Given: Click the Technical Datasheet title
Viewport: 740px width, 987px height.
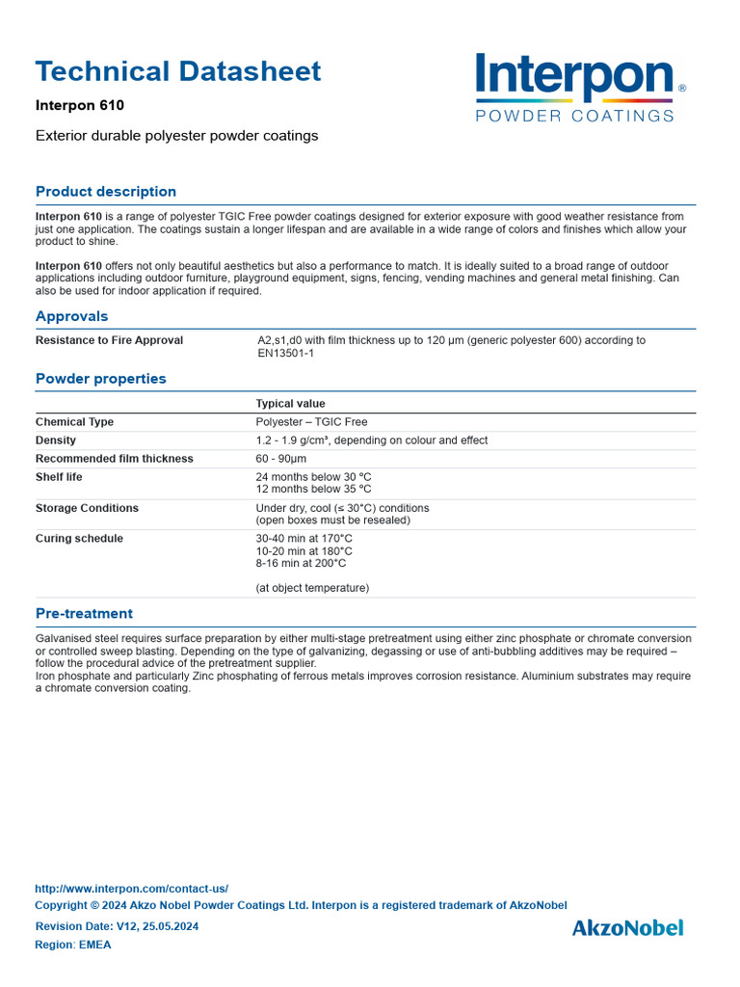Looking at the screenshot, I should (x=178, y=71).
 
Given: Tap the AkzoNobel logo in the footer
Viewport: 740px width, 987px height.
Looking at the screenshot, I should (x=627, y=927).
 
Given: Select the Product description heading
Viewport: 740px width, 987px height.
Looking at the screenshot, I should (x=106, y=191).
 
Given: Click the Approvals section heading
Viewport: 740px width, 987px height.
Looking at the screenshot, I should (x=72, y=316).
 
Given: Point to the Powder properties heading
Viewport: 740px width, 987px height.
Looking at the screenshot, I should (x=101, y=379).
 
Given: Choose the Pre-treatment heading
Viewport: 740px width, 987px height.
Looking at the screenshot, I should (x=84, y=613).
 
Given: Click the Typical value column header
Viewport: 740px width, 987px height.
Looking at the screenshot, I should (x=290, y=404).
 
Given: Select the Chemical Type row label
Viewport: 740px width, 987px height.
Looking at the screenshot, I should (x=74, y=422).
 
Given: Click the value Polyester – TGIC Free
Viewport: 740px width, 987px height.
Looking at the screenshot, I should (x=311, y=422).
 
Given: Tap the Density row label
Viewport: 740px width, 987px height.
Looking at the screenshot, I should (x=56, y=440).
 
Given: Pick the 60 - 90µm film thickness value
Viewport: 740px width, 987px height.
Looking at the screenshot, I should (x=281, y=459).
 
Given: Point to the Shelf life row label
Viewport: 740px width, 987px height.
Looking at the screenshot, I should (x=59, y=477).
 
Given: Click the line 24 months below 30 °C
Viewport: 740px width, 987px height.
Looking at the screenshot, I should (x=313, y=477).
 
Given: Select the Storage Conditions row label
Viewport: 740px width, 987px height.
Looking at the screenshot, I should (x=87, y=508).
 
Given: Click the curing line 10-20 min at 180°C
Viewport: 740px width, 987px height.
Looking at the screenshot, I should (x=304, y=551).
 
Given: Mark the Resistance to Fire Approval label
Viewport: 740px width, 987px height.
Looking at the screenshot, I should (x=109, y=340).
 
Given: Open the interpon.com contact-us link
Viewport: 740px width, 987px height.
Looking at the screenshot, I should (x=131, y=889).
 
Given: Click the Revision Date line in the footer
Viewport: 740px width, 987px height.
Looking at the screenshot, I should (x=117, y=926).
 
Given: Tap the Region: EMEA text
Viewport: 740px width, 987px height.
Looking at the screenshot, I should (x=73, y=945).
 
